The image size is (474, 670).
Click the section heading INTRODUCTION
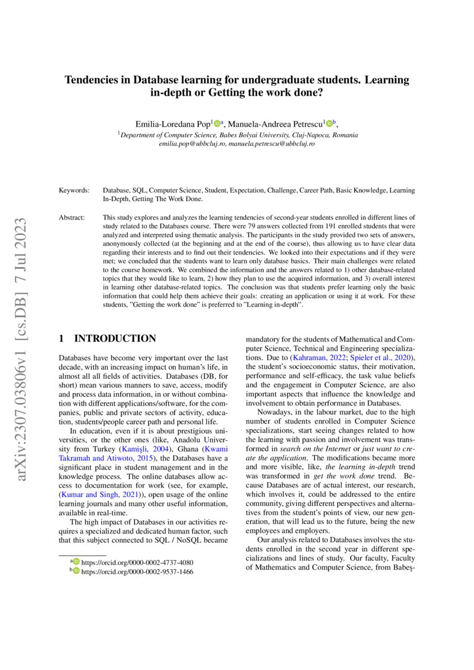click(x=115, y=339)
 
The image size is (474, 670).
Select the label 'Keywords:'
click(x=74, y=190)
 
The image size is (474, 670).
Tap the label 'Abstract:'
click(x=72, y=218)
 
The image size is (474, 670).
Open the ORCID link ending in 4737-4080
click(x=137, y=562)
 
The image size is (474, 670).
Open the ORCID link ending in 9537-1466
click(x=137, y=571)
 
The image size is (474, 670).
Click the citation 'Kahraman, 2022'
click(x=317, y=358)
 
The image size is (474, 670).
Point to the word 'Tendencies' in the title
click(x=97, y=80)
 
